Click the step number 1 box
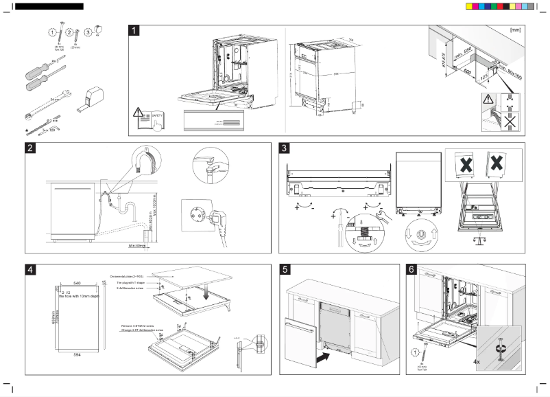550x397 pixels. point(136,30)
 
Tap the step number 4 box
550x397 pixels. point(31,269)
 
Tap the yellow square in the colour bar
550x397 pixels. point(469,5)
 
